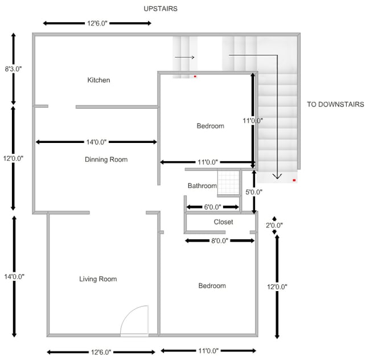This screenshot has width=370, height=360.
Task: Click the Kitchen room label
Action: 98,80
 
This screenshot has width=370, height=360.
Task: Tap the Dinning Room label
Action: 106,159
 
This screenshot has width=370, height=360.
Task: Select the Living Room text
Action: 98,279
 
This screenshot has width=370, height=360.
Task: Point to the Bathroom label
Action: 202,186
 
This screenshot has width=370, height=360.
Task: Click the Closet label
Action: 223,222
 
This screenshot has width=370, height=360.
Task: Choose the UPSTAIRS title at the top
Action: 161,9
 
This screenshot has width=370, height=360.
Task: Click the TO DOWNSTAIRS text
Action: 335,105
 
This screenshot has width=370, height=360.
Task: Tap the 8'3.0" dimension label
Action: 13,69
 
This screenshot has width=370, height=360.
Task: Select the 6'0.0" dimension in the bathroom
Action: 212,207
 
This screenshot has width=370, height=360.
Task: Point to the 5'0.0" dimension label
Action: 253,192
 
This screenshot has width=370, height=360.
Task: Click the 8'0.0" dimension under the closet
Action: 220,241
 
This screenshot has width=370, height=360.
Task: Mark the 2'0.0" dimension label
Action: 274,226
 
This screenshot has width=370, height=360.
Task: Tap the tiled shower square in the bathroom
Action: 229,183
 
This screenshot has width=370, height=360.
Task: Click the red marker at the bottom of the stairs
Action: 294,180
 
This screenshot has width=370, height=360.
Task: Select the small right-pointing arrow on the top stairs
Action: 184,57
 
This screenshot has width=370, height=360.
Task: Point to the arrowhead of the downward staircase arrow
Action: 277,176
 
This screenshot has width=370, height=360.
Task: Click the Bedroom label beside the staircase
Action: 210,126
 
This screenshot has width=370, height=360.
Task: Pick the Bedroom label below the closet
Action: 212,286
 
